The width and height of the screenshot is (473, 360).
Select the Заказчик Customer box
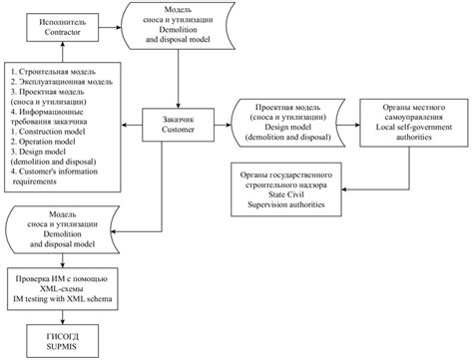[181, 124]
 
